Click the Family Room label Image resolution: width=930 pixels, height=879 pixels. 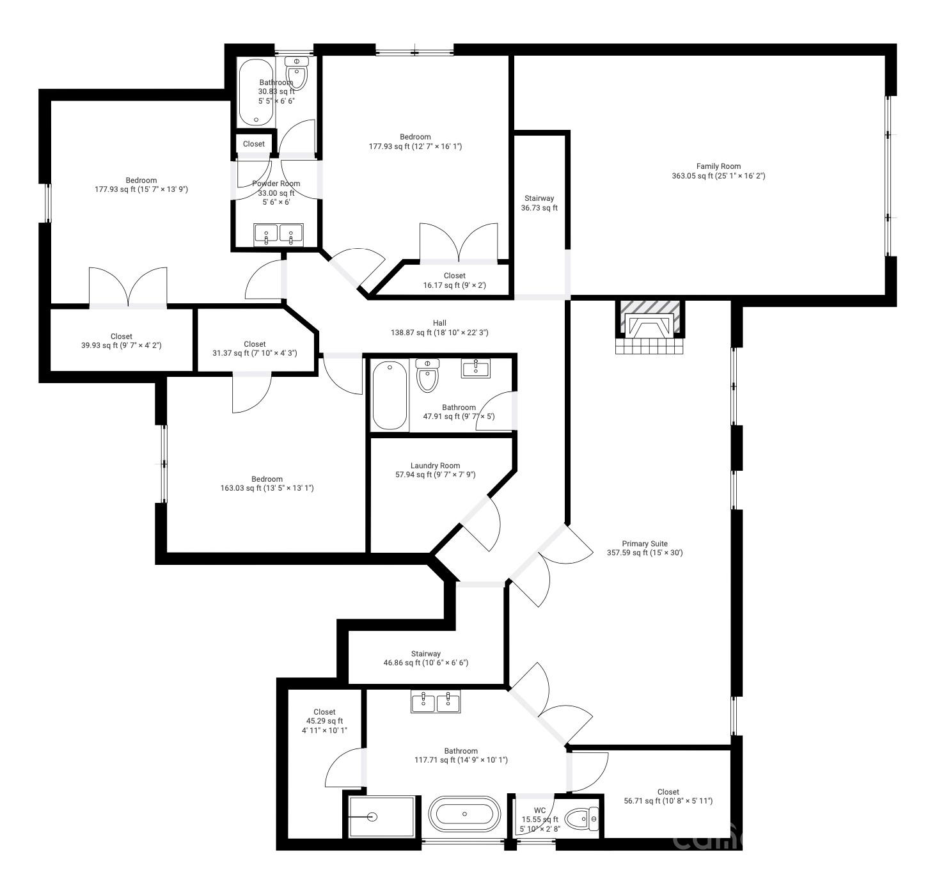[718, 171]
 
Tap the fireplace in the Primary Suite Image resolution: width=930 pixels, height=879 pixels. [649, 327]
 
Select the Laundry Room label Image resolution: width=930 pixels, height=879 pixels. [435, 470]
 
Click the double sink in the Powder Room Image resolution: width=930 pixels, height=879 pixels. [278, 234]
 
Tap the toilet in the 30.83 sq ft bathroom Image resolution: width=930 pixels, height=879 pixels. [296, 73]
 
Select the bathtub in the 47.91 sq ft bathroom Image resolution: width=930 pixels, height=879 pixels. [390, 395]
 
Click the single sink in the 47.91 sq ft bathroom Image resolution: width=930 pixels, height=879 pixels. [476, 368]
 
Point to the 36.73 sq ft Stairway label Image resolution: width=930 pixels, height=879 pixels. [539, 203]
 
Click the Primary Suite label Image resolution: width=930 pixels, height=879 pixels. [645, 548]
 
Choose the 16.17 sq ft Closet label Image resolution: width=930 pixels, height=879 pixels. [455, 280]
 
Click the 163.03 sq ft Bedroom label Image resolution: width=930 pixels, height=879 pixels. [267, 484]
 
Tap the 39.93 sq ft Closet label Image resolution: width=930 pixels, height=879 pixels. [122, 341]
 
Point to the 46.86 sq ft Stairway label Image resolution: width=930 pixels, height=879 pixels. [426, 658]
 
